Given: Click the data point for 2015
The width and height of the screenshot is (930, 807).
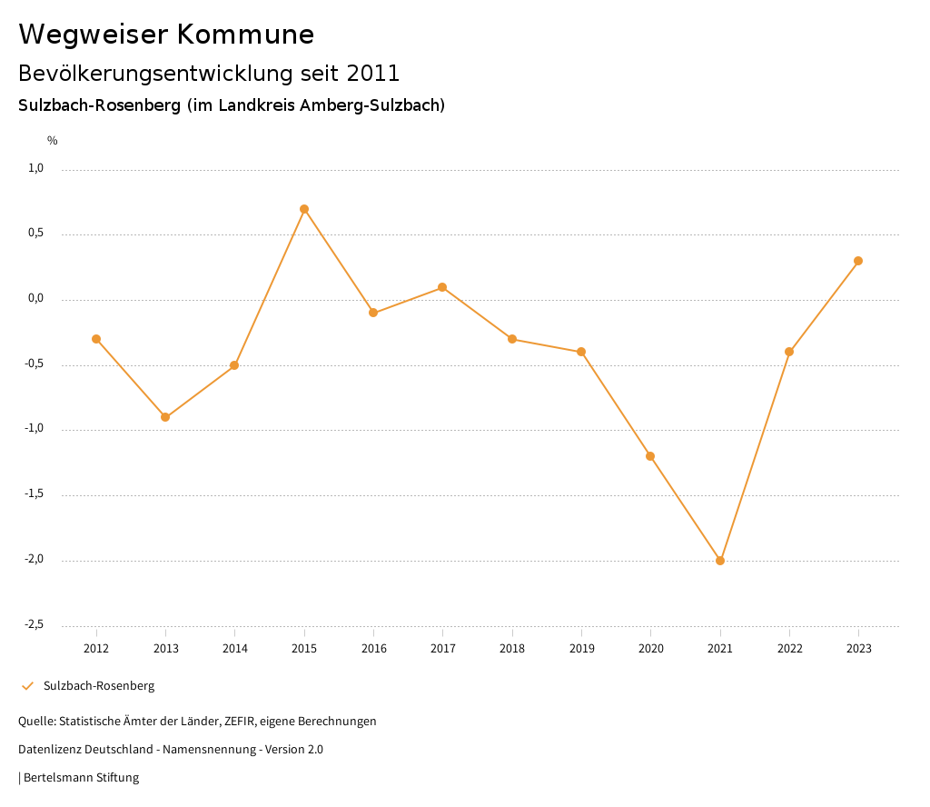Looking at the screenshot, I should click(x=304, y=209).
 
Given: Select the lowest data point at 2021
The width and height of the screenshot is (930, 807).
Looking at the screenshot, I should click(x=720, y=561).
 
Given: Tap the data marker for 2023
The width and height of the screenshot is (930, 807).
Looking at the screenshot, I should click(x=858, y=261).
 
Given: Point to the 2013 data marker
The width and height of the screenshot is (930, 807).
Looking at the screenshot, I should click(x=165, y=417).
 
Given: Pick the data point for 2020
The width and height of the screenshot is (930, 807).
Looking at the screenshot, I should click(x=650, y=456).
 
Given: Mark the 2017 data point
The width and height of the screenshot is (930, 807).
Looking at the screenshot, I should click(x=442, y=287).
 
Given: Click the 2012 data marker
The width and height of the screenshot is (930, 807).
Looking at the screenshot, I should click(x=96, y=339).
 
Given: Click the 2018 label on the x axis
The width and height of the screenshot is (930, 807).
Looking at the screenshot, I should click(x=512, y=649).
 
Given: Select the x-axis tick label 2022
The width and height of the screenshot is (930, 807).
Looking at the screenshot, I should click(x=789, y=649).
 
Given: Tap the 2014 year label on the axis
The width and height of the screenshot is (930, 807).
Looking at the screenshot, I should click(x=235, y=649).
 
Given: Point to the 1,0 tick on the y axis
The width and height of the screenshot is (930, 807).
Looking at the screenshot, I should click(x=36, y=168).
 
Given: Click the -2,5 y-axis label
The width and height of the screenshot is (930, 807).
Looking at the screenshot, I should click(x=35, y=624).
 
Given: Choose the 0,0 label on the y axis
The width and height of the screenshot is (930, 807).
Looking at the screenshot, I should click(x=36, y=298).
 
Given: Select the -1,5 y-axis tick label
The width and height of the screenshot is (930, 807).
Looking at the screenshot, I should click(x=35, y=494).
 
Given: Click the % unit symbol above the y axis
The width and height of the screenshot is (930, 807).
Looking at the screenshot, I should click(x=53, y=141).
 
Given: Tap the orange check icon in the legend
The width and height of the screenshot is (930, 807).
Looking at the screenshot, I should click(x=27, y=686).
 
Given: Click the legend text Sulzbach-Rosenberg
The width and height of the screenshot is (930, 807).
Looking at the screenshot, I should click(x=99, y=686).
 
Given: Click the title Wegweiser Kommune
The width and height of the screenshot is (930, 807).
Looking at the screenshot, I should click(x=166, y=35).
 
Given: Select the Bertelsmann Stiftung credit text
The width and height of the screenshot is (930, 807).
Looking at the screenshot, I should click(x=81, y=778).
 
